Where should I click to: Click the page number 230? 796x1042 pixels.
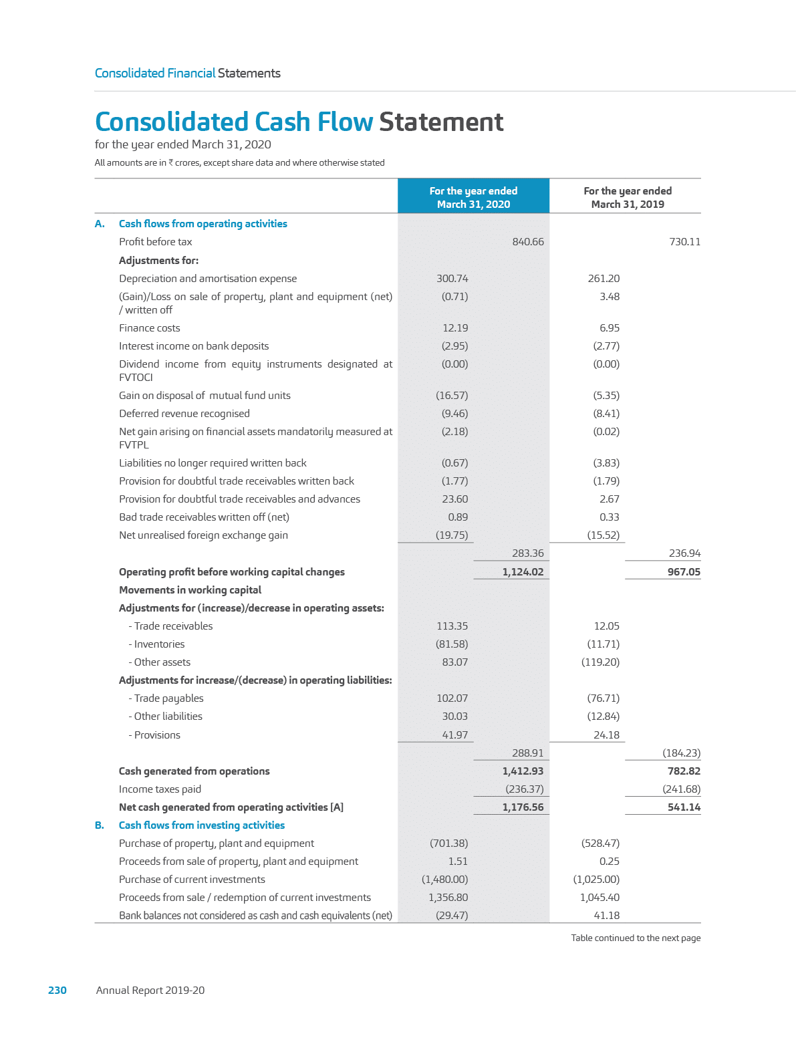pos(57,990)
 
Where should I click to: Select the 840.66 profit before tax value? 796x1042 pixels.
pos(528,242)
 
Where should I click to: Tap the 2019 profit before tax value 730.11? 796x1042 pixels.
pos(684,242)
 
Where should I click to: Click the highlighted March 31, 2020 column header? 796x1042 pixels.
pos(473,197)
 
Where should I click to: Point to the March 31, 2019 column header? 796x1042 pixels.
pos(627,197)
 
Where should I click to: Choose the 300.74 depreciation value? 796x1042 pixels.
pos(452,279)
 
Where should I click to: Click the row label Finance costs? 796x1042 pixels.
pos(150,328)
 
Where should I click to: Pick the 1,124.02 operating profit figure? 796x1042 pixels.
pos(523,572)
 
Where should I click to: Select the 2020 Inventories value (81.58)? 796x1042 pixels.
pos(452,644)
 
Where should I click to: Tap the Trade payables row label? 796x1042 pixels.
pos(168,698)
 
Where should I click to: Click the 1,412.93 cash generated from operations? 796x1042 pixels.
pos(523,771)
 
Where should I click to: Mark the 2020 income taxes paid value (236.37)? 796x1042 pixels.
pos(524,789)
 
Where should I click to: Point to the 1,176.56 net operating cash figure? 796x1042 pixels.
pos(523,807)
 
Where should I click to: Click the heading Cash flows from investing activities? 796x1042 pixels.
pos(202,825)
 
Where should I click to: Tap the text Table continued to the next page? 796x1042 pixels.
pos(636,938)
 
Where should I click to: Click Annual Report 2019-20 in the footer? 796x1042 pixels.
pos(150,990)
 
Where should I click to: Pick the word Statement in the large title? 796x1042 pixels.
pos(441,122)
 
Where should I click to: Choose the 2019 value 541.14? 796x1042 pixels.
pos(684,807)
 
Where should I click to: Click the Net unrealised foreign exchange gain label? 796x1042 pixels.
pos(204,535)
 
